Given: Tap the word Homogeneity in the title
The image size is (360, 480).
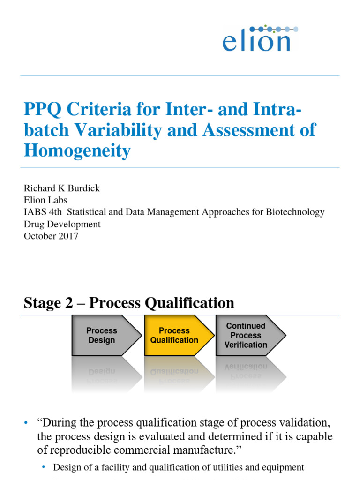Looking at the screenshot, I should (77, 150).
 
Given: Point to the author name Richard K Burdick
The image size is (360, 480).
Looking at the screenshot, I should (61, 188).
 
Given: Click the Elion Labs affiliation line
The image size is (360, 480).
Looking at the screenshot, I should (46, 200).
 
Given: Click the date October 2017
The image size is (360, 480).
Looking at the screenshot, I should (51, 236).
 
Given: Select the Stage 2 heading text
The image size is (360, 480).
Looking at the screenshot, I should (129, 303).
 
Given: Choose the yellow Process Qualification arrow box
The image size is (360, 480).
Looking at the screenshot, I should (176, 335).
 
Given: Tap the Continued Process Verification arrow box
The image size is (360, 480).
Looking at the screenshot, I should (248, 335).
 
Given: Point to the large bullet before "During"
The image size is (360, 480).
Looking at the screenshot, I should (26, 423).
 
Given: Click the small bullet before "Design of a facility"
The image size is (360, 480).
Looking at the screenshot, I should (44, 467).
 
